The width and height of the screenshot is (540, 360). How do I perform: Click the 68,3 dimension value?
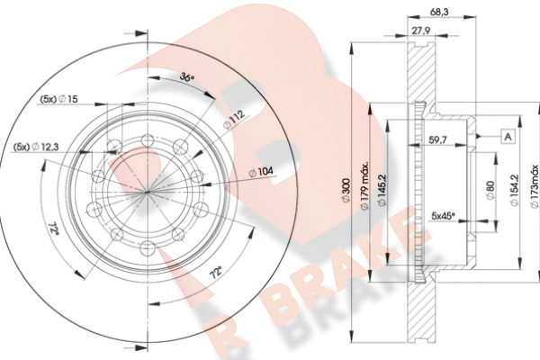pos(439,12)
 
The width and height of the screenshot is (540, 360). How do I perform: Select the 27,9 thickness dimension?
pos(421,31)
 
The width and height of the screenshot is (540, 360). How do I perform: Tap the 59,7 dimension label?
pos(437,139)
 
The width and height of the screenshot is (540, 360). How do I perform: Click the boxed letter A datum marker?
pos(508,137)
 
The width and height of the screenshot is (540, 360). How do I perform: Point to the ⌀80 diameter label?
pos(490,191)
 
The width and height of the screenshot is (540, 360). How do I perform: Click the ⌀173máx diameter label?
pos(535,186)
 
